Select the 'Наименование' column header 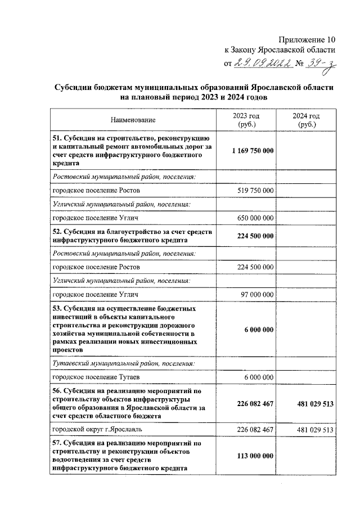[133, 120]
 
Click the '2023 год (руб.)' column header [246, 120]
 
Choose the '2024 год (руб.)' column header [307, 120]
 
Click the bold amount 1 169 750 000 [253, 151]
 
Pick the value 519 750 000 [255, 191]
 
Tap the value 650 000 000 [255, 218]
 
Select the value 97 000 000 [257, 294]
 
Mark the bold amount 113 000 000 [253, 456]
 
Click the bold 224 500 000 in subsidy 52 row [253, 236]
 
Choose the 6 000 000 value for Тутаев [259, 376]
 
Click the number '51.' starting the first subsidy [57, 138]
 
